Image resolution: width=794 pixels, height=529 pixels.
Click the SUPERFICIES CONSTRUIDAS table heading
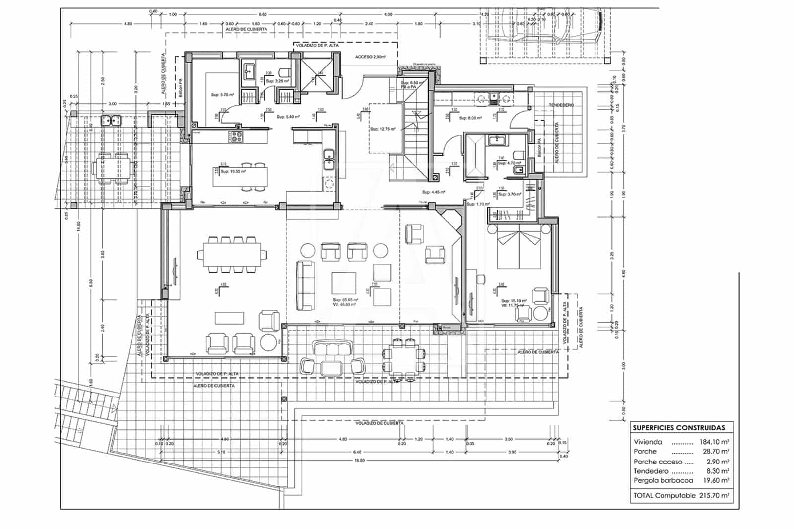click(678, 428)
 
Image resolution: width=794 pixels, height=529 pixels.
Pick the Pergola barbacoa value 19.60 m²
click(716, 480)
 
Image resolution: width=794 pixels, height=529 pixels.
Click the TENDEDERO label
click(561, 105)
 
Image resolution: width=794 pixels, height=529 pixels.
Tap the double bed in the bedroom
click(519, 248)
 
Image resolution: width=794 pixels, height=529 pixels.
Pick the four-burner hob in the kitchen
click(236, 136)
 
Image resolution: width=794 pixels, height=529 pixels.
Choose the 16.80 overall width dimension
click(359, 460)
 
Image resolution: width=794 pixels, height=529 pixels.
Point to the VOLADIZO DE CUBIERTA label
click(379, 423)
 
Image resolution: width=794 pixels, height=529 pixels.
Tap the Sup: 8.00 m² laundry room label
click(470, 118)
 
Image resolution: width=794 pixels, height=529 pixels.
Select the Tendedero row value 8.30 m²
click(718, 471)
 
